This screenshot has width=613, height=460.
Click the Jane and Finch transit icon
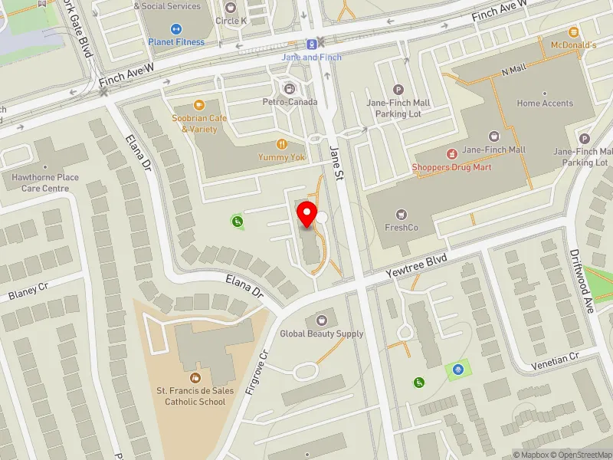312,44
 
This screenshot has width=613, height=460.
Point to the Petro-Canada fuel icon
289,88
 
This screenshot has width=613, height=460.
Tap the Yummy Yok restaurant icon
282,143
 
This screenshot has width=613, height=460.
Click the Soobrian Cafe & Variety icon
199,105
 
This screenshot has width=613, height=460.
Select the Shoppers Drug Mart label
451,166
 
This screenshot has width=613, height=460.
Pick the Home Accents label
545,103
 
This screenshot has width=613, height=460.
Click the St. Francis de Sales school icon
195,377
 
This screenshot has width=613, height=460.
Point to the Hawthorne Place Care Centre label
45,182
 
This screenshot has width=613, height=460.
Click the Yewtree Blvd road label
415,266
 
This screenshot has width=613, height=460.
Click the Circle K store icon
231,7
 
